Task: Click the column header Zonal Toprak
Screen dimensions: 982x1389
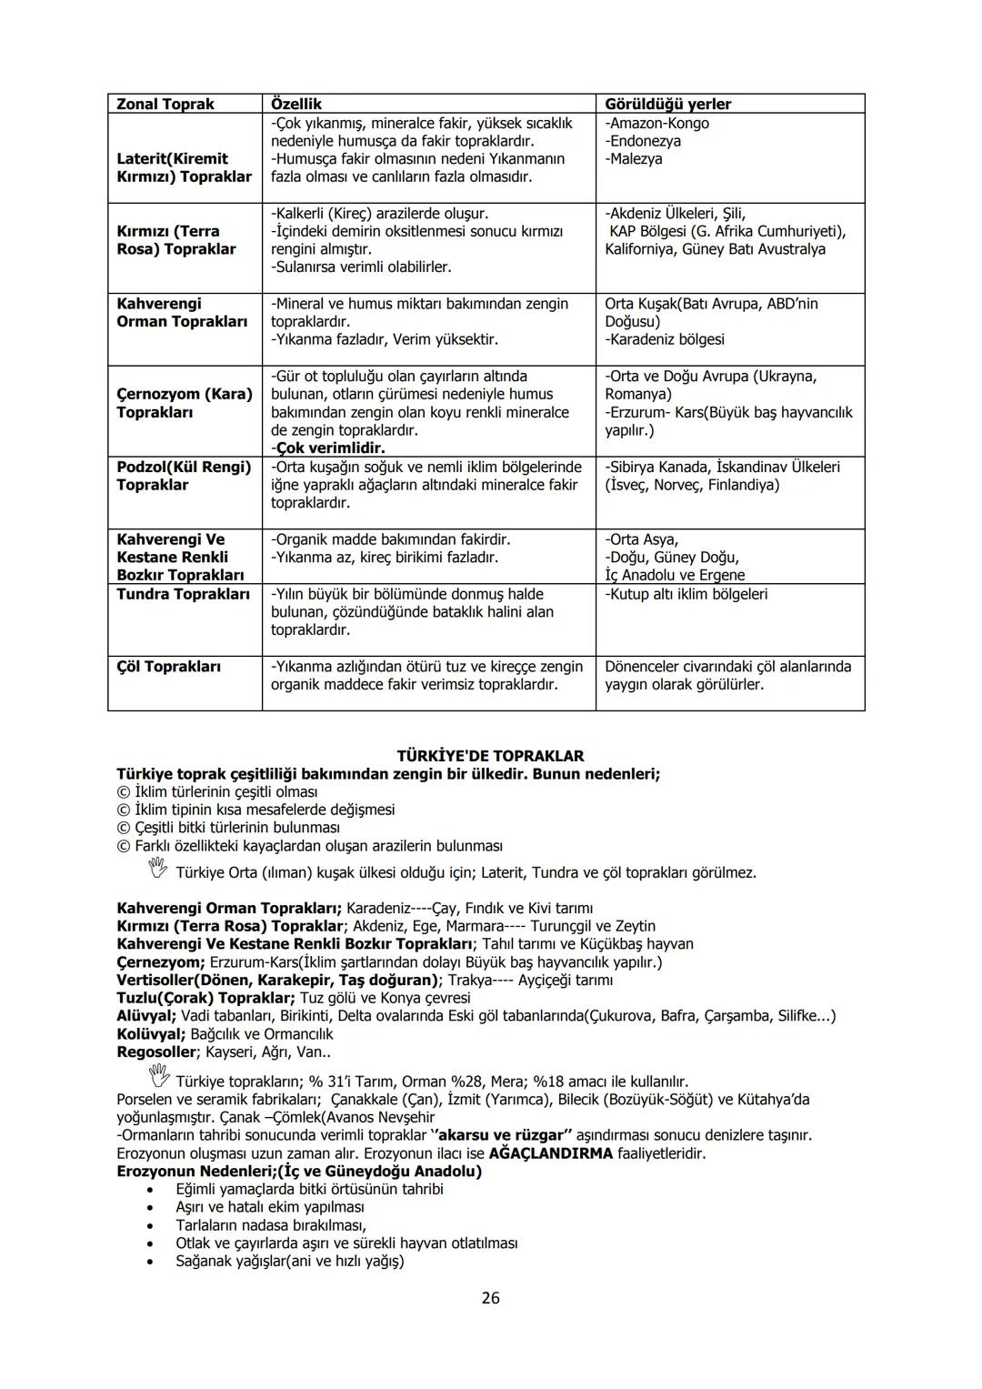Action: [x=165, y=104]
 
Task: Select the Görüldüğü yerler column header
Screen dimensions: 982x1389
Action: [x=667, y=104]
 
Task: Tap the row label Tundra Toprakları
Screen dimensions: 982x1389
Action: [x=183, y=594]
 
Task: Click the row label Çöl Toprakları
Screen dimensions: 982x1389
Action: [x=168, y=667]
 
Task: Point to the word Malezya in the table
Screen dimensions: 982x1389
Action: [x=636, y=159]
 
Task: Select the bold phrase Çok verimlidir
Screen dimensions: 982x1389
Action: [x=329, y=448]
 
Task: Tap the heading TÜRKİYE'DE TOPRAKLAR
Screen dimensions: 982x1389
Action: [x=490, y=756]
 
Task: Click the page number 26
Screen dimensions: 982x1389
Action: [x=490, y=1298]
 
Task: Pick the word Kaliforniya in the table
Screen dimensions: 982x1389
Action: [x=641, y=249]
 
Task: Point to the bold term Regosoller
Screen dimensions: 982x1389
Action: [x=155, y=1052]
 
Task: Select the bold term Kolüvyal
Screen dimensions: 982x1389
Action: [x=150, y=1034]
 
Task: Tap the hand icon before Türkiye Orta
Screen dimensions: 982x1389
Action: [x=157, y=871]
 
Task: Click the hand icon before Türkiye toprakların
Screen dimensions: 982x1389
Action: [x=157, y=1079]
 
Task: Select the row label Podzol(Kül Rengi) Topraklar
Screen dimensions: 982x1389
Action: [x=183, y=476]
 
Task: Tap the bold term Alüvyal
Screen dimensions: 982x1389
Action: [x=146, y=1016]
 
